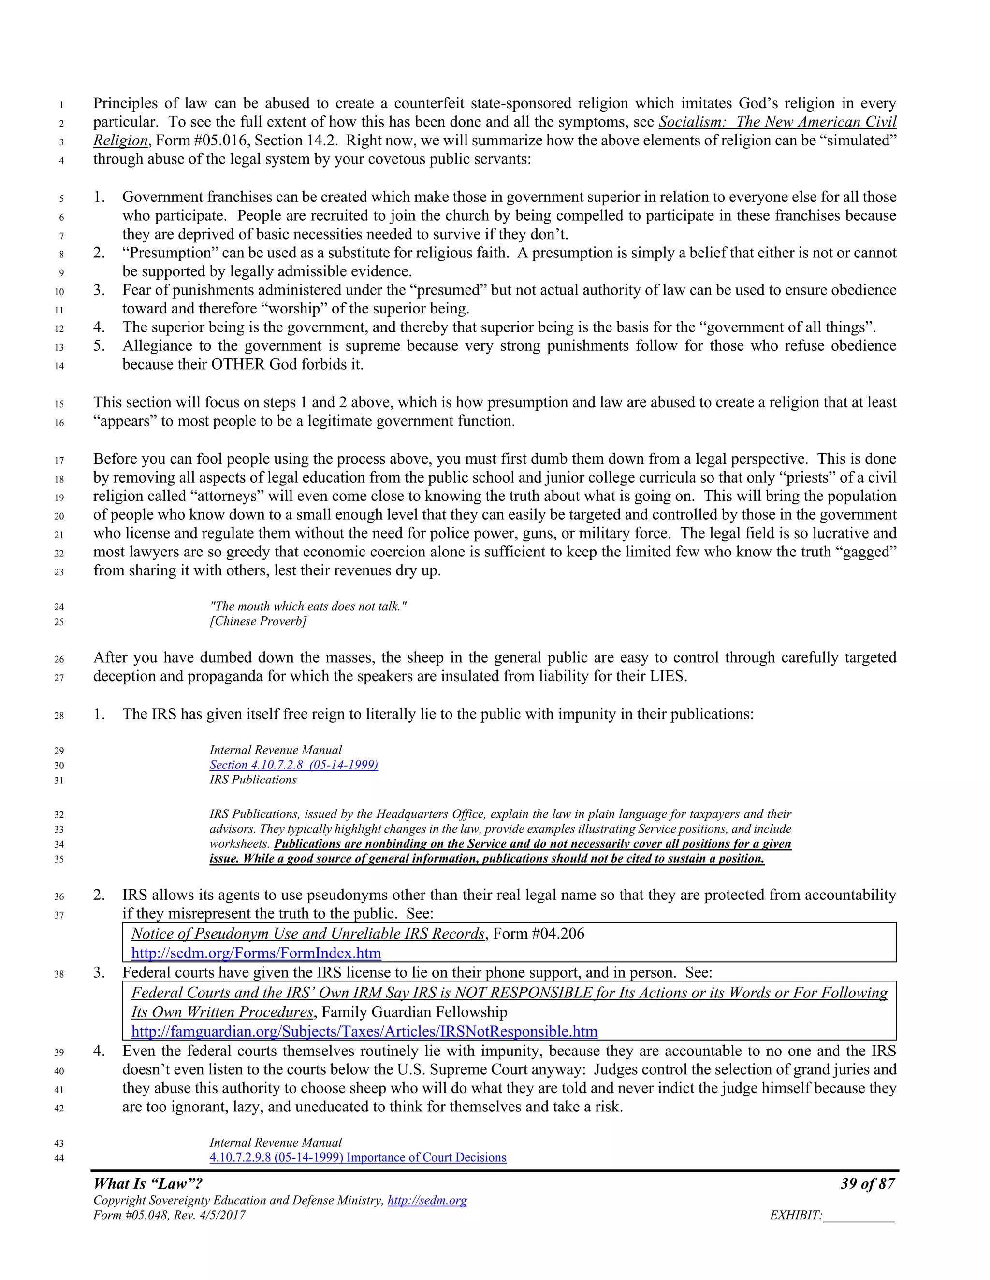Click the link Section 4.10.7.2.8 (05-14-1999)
coord(293,765)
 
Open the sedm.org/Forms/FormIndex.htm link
coord(256,953)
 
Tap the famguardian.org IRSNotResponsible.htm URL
coord(364,1032)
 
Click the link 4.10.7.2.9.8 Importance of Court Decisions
coord(358,1157)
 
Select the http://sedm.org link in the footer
coord(427,1200)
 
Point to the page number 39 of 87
coord(867,1184)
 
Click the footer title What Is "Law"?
coord(148,1184)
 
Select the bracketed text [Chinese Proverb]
coord(258,621)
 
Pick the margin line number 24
coord(58,607)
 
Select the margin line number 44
coord(58,1158)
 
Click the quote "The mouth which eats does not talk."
coord(308,607)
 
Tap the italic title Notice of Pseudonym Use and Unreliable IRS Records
coord(308,934)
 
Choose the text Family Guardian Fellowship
coord(414,1012)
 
